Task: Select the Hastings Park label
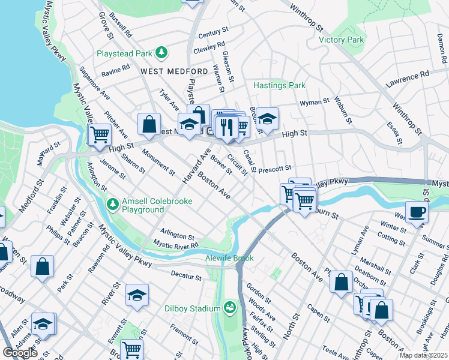tap(279, 86)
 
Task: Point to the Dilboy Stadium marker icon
tap(229, 308)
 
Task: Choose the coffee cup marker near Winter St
tap(417, 211)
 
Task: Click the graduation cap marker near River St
tap(137, 295)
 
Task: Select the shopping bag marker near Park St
tap(43, 267)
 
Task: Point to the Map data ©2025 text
tap(424, 355)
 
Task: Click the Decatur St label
tap(185, 277)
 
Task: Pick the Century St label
tap(213, 31)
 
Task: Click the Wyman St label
tap(315, 103)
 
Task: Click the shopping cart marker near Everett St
tap(131, 349)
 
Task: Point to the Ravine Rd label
tap(115, 72)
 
